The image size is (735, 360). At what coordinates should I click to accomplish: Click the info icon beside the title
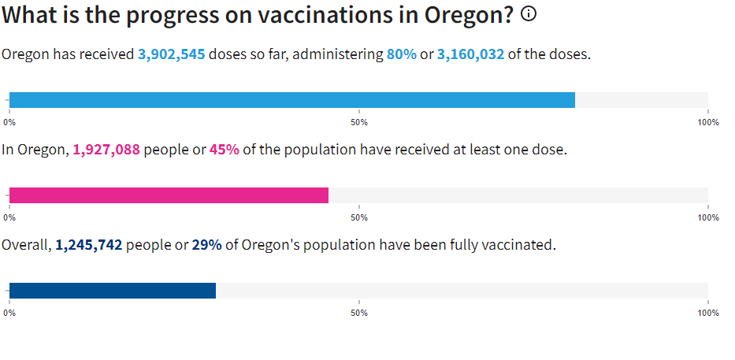click(x=529, y=13)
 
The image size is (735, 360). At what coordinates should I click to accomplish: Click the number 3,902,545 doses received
click(x=171, y=55)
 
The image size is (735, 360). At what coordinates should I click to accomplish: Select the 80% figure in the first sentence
click(x=401, y=55)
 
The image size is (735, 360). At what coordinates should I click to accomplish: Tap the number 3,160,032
click(x=470, y=55)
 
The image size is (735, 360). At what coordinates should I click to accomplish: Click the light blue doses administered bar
click(x=291, y=100)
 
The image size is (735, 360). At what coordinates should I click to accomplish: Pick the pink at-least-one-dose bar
click(x=169, y=195)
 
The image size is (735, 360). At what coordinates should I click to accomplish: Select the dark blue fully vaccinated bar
click(x=112, y=291)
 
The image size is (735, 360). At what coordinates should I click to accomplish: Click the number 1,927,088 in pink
click(x=106, y=150)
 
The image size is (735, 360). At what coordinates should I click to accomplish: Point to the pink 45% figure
click(x=224, y=150)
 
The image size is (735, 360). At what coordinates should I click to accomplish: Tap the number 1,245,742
click(x=88, y=245)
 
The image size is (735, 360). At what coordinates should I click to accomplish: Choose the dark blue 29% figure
click(x=206, y=245)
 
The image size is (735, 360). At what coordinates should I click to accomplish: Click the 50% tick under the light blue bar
click(x=359, y=122)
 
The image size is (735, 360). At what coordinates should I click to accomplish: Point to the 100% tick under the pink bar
click(x=707, y=217)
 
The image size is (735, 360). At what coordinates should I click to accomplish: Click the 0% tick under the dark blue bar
click(x=9, y=313)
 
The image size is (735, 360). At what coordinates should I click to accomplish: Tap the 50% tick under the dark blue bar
click(x=359, y=313)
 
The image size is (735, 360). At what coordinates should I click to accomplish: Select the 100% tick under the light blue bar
click(x=707, y=122)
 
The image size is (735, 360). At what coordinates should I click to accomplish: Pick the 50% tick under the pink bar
click(x=359, y=217)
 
